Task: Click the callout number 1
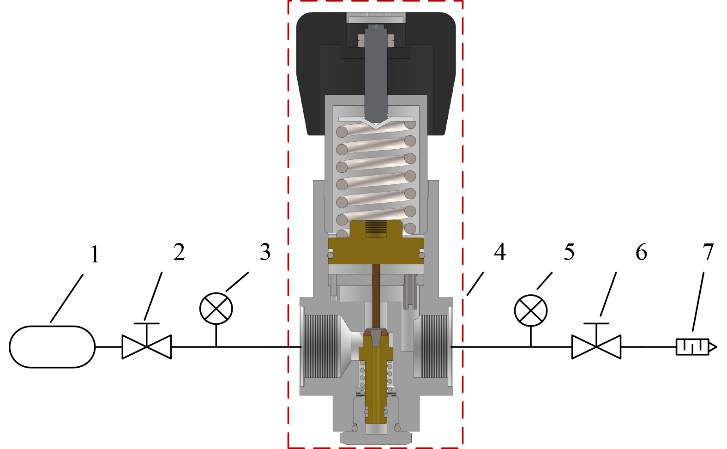point(95,255)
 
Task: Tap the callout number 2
point(179,252)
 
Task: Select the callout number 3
point(265,252)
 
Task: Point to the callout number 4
point(500,252)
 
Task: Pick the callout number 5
point(569,252)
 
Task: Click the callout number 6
point(641,252)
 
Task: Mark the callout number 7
point(708,252)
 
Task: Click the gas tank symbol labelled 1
point(52,347)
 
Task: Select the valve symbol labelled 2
point(147,341)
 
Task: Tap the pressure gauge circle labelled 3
point(216,309)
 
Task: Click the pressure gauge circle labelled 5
point(531,310)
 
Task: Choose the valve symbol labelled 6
point(596,341)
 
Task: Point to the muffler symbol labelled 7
point(697,347)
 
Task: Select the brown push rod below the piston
point(376,296)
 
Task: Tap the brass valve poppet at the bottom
point(376,377)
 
